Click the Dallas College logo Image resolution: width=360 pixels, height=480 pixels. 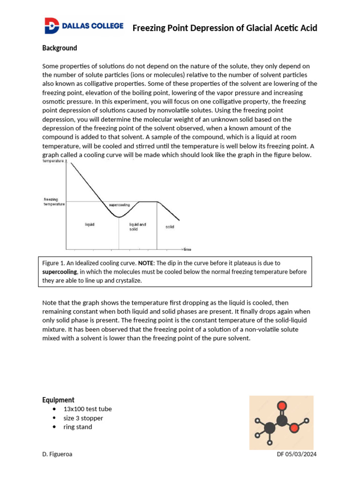point(83,26)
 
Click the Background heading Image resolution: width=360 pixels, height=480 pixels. point(60,48)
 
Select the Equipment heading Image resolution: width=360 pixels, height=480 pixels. point(58,400)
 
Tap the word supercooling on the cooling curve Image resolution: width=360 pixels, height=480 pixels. point(119,205)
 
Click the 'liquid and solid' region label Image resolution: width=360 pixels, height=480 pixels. point(137,227)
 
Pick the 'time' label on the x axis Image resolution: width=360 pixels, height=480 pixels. point(187,249)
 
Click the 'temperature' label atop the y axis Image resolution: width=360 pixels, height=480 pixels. point(54,161)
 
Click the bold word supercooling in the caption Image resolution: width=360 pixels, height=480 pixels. point(60,272)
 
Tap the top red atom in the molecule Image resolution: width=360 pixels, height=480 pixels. point(282,406)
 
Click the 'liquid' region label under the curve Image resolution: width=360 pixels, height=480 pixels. point(90,225)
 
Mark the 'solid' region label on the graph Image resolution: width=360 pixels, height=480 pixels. point(170,227)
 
